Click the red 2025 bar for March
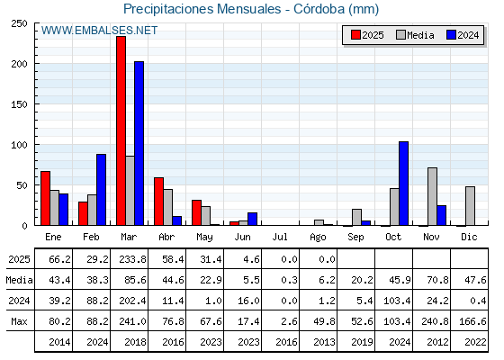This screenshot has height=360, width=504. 121,130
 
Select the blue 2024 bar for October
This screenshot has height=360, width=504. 404,184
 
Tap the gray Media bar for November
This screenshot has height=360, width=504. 432,196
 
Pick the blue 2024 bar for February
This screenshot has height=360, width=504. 101,190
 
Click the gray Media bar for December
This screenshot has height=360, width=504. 470,206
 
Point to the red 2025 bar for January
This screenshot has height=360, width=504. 45,198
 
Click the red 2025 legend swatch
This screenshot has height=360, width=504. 355,35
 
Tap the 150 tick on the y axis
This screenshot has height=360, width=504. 19,104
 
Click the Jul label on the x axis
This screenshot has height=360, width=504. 280,238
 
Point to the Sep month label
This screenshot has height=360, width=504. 355,238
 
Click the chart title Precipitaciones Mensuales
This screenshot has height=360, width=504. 202,9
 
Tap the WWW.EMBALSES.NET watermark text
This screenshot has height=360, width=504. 99,31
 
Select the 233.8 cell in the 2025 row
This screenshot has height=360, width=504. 133,259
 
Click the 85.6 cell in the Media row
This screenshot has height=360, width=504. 135,280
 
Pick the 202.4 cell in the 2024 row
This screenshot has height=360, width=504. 133,301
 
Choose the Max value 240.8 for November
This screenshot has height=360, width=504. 435,321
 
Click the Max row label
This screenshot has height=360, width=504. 19,321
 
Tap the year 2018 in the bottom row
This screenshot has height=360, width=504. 135,342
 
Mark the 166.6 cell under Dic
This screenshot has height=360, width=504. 472,321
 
